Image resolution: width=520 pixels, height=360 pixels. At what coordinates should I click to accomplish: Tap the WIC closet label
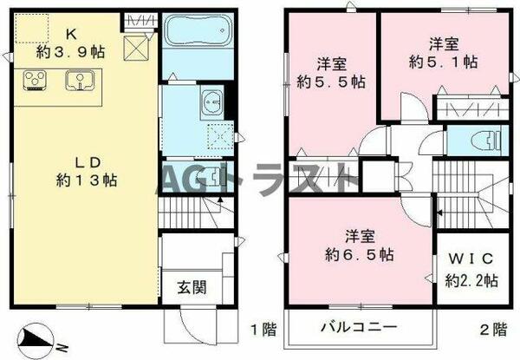pyautogui.click(x=471, y=260)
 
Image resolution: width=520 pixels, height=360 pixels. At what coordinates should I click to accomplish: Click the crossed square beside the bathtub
pyautogui.click(x=136, y=49)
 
